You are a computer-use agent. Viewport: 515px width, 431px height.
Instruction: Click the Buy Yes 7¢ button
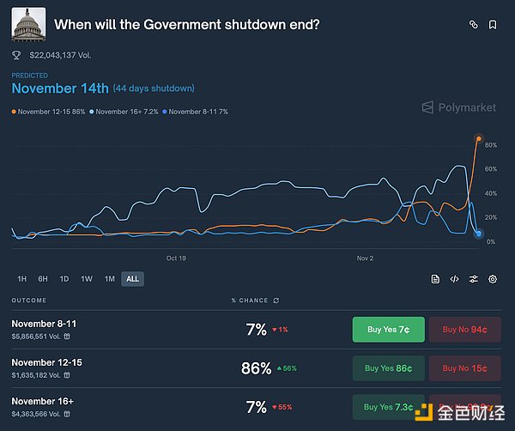click(x=388, y=329)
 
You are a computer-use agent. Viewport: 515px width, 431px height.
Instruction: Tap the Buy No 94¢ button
click(x=464, y=329)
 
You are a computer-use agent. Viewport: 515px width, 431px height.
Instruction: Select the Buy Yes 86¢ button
click(x=388, y=368)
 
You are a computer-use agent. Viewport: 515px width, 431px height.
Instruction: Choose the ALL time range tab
click(x=132, y=278)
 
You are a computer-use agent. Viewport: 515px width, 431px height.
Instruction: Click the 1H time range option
click(x=21, y=278)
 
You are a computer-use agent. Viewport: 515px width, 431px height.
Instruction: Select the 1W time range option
click(x=87, y=278)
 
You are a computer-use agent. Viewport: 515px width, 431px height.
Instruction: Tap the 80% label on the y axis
click(x=491, y=145)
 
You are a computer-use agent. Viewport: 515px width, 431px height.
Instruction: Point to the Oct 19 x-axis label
click(x=176, y=258)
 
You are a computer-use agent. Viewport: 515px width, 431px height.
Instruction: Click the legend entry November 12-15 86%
click(x=50, y=112)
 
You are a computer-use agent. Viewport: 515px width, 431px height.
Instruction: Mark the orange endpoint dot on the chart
click(x=478, y=138)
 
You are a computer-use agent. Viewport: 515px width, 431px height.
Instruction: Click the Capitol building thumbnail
click(x=28, y=24)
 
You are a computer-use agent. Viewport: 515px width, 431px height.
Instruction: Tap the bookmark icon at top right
click(x=493, y=25)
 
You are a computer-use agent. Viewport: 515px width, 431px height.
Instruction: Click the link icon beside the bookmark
click(x=473, y=25)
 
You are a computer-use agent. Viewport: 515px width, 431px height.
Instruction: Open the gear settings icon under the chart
click(x=493, y=279)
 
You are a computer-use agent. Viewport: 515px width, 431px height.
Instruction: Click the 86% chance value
click(x=256, y=368)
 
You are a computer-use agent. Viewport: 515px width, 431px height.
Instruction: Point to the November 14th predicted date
click(x=60, y=88)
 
